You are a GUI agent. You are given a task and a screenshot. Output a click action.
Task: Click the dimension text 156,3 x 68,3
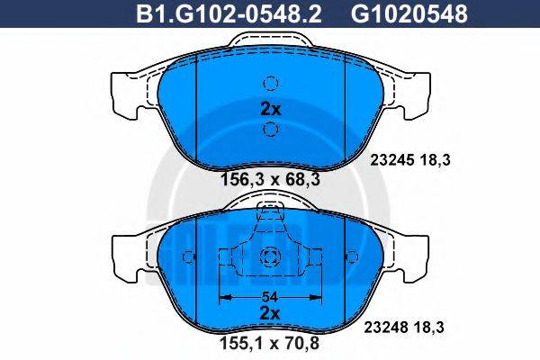(x=270, y=180)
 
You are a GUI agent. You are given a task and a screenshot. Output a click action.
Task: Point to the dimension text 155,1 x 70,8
(x=270, y=343)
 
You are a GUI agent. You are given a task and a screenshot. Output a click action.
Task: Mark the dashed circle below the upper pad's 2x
(x=270, y=131)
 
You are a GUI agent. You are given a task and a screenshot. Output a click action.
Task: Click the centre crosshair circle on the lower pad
(x=270, y=259)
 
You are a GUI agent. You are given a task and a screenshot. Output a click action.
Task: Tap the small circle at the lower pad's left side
(x=188, y=258)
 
